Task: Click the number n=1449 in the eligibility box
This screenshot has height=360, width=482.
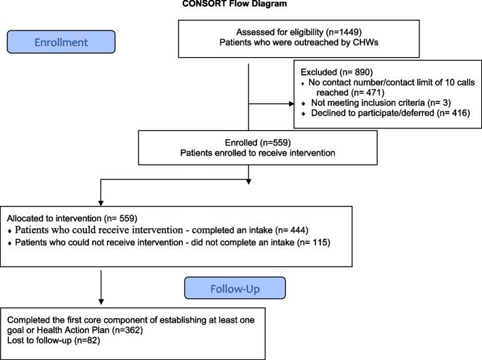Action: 324,32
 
